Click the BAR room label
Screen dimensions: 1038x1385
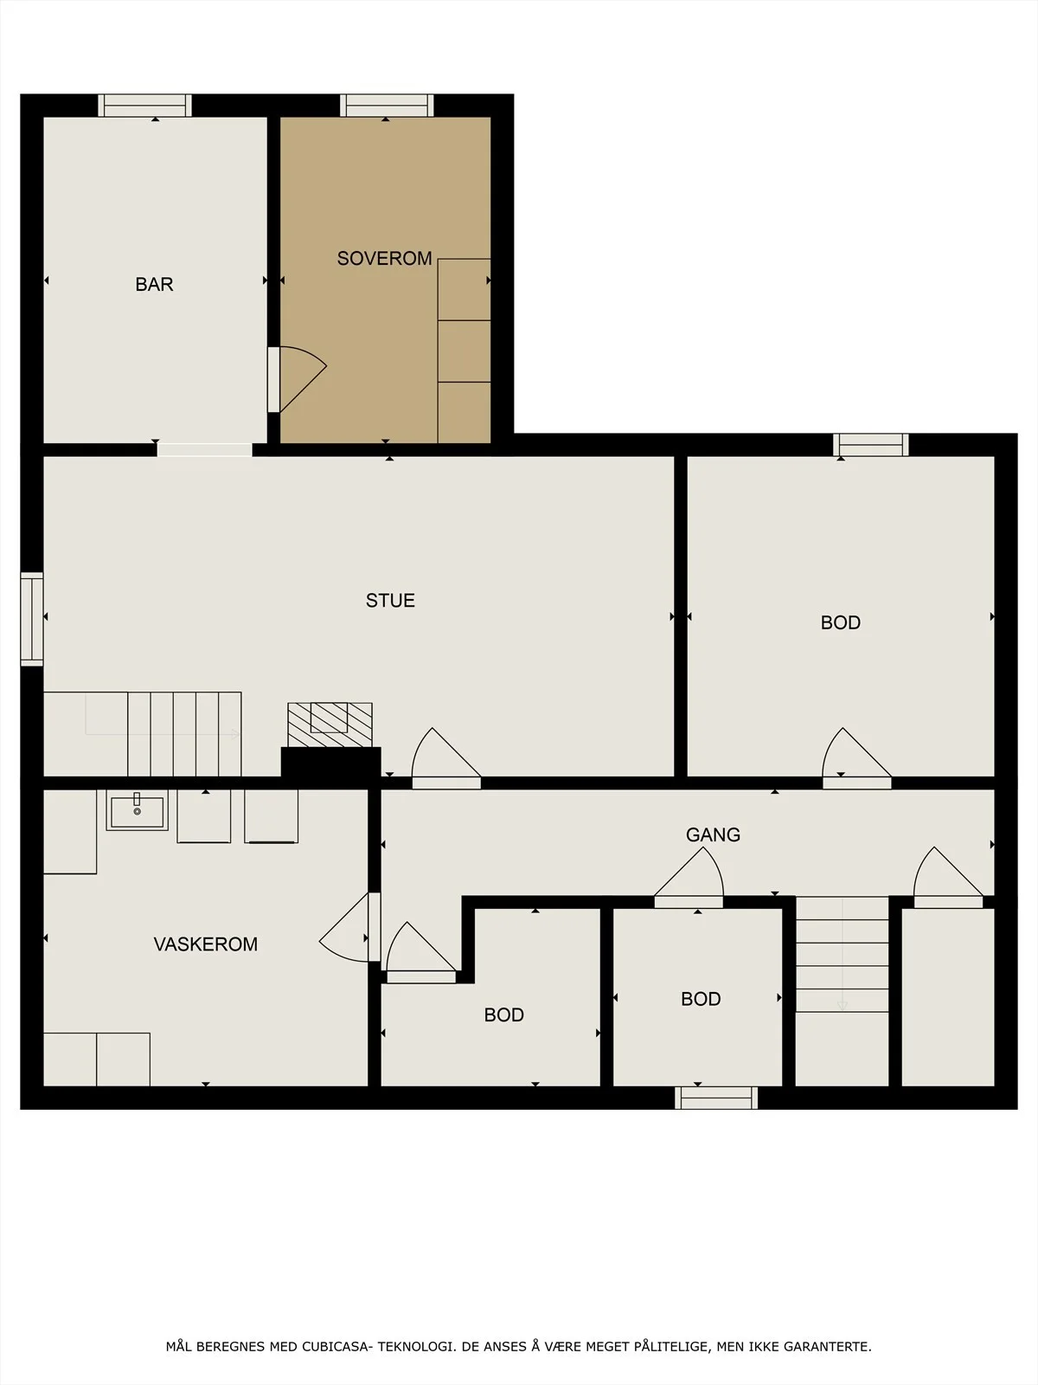(x=155, y=284)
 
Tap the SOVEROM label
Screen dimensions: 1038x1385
(x=384, y=258)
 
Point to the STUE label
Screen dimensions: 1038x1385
(x=390, y=600)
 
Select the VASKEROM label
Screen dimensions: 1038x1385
(x=206, y=944)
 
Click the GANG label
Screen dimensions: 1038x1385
(x=713, y=834)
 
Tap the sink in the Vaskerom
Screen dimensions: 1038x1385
(x=137, y=811)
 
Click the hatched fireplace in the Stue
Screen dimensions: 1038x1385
(x=330, y=725)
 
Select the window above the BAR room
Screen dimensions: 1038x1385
(x=145, y=106)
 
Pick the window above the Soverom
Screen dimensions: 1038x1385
(x=387, y=106)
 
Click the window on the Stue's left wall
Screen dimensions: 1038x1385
(x=31, y=619)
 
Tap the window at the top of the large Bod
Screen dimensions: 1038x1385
(x=871, y=445)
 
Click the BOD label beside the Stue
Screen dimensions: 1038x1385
(x=841, y=622)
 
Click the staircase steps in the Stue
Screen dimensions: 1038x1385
(x=184, y=734)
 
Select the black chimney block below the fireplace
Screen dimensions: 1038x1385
(x=331, y=763)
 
